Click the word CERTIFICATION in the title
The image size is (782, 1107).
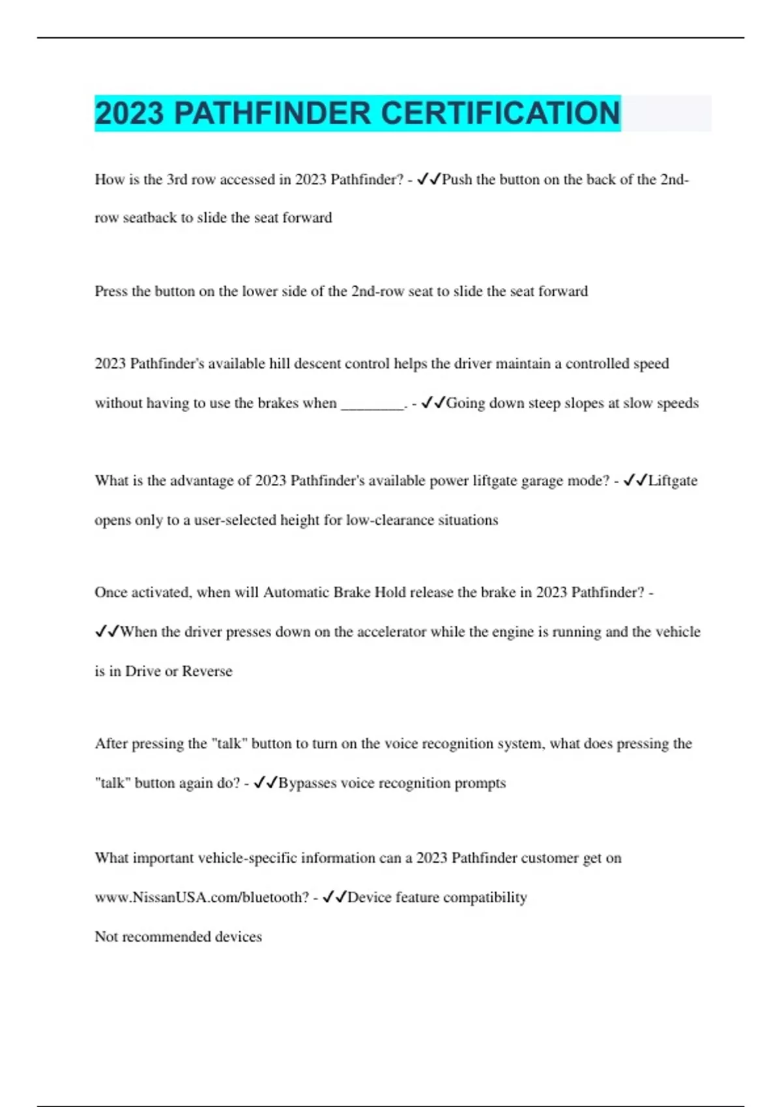[500, 113]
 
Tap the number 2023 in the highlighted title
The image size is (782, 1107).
[129, 113]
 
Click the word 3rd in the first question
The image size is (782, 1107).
[177, 180]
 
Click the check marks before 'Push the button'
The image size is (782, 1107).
[429, 179]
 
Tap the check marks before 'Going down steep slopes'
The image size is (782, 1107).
[433, 403]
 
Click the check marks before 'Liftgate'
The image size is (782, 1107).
[635, 481]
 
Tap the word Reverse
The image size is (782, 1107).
[207, 671]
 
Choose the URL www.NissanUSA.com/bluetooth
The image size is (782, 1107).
[201, 897]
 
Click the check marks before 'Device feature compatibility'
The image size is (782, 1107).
[334, 897]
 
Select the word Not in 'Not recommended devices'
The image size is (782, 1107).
[106, 937]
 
